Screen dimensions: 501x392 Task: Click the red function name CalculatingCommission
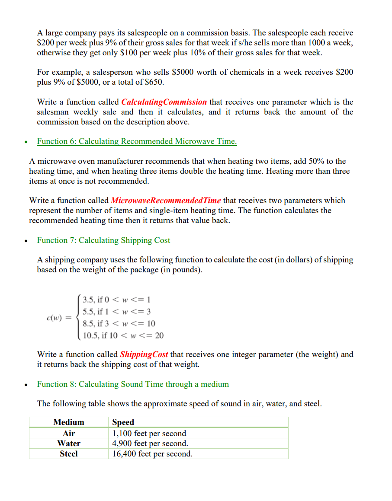[x=164, y=102]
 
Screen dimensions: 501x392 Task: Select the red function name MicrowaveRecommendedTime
[x=166, y=201]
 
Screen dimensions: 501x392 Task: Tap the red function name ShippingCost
[x=144, y=354]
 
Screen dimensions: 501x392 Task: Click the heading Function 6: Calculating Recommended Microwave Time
[x=137, y=141]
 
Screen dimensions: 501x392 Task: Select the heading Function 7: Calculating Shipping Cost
[x=104, y=240]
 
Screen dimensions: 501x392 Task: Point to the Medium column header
[x=68, y=422]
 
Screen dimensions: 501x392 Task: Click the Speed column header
[x=123, y=422]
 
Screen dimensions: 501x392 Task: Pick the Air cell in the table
[x=68, y=433]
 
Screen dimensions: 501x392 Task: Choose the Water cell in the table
[x=68, y=444]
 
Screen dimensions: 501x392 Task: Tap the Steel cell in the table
[x=68, y=454]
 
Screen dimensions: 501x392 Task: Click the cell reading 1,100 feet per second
[x=149, y=433]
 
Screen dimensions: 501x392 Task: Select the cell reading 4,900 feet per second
[x=150, y=444]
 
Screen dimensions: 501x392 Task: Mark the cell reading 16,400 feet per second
[x=152, y=454]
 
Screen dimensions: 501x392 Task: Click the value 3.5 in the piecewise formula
[x=88, y=300]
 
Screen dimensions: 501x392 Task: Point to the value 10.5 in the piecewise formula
[x=90, y=335]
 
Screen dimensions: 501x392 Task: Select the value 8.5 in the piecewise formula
[x=88, y=323]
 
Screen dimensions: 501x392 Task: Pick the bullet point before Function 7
[x=27, y=241]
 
